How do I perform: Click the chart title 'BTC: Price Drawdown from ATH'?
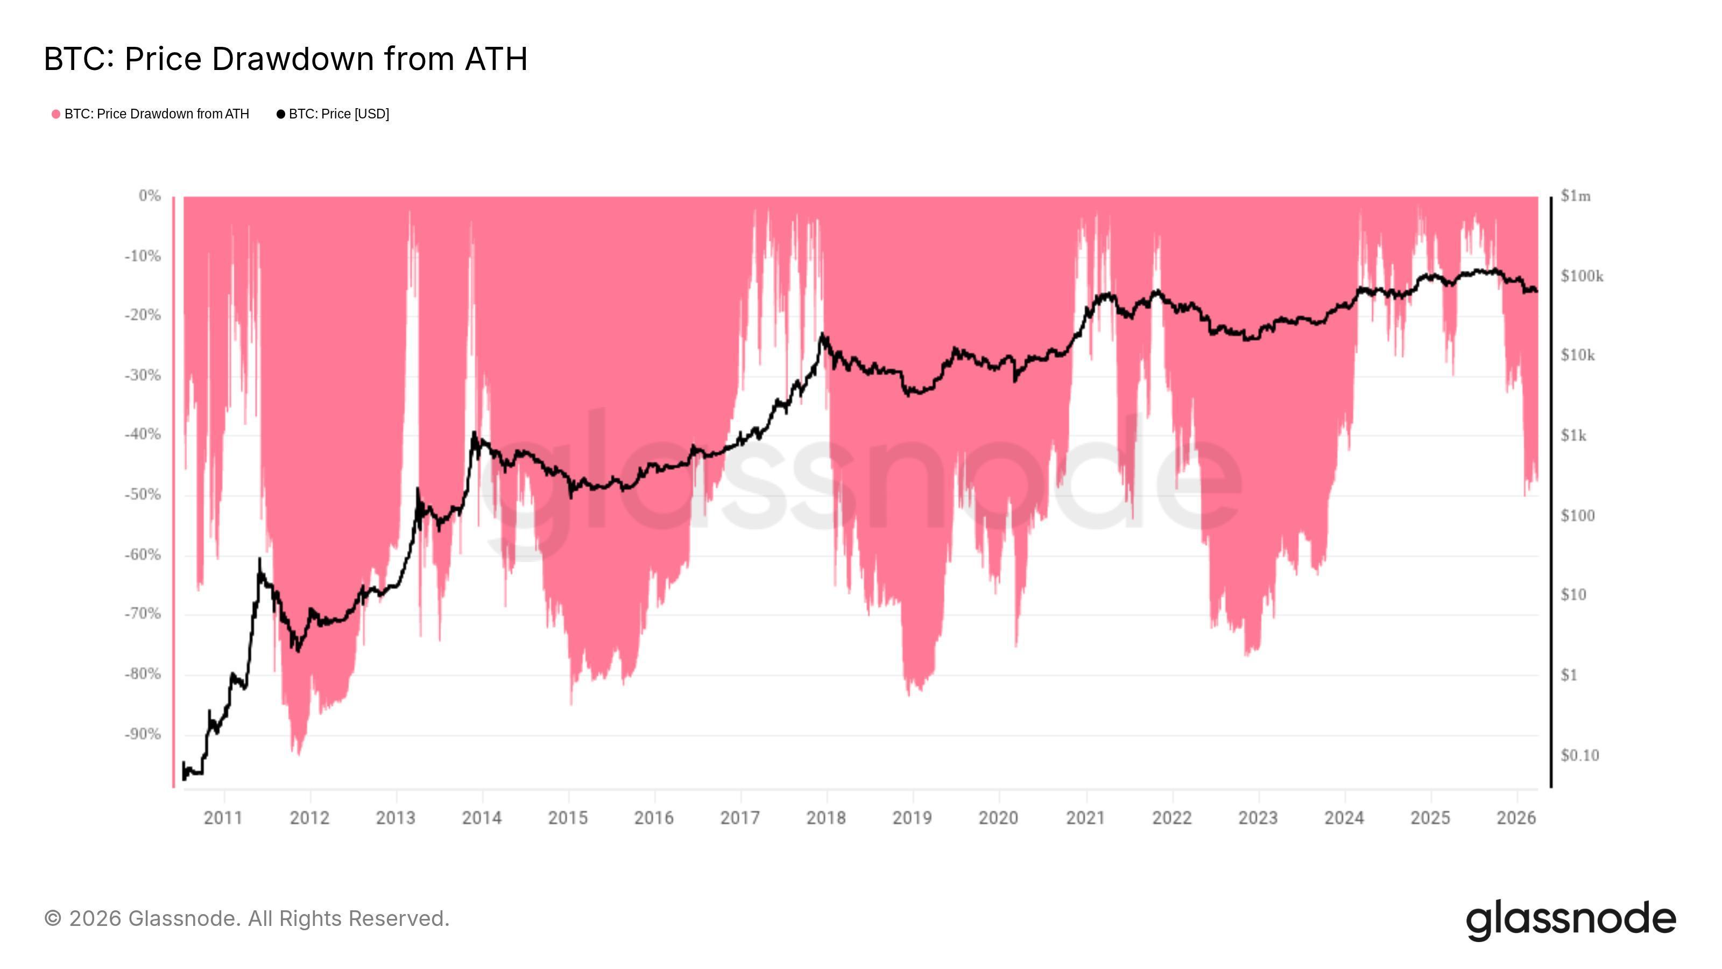285,59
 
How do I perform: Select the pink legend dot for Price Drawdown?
56,114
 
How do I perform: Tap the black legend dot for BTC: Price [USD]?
281,114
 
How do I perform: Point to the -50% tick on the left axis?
143,495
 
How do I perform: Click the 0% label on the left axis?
150,196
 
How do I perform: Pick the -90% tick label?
143,734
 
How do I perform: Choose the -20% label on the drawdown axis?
143,315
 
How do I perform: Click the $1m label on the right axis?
1575,196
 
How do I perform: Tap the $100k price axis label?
1582,276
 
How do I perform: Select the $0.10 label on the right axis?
1579,756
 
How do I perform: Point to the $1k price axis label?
1573,436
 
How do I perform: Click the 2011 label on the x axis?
223,818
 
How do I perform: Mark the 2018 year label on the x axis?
826,818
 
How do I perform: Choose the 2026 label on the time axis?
1516,818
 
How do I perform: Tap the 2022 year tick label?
1172,818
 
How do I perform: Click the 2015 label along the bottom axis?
568,818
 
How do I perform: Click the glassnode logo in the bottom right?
1571,921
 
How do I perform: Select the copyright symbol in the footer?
53,919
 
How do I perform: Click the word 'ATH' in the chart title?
496,59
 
